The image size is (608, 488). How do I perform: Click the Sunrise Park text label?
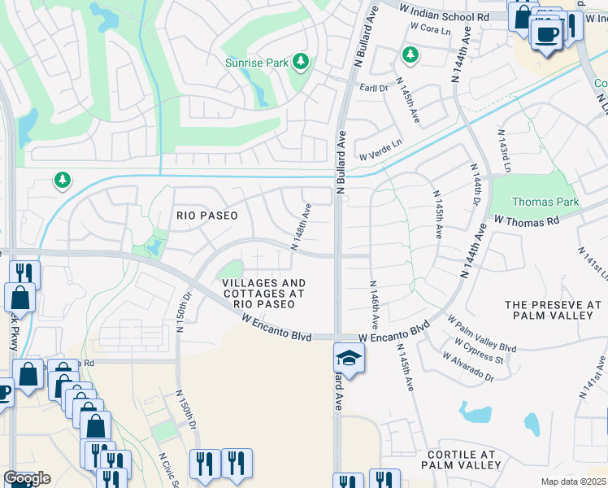pyautogui.click(x=258, y=62)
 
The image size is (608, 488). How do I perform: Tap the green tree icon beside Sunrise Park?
pyautogui.click(x=301, y=61)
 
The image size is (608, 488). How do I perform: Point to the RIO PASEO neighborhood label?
pyautogui.click(x=207, y=216)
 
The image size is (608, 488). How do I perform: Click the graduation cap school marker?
pyautogui.click(x=348, y=358)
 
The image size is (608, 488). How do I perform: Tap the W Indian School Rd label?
pyautogui.click(x=445, y=11)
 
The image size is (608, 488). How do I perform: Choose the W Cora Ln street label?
pyautogui.click(x=431, y=28)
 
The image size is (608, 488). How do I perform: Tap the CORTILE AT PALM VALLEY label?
pyautogui.click(x=460, y=460)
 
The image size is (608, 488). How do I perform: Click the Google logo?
pyautogui.click(x=27, y=478)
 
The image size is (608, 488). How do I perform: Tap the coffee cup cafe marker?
pyautogui.click(x=547, y=34)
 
